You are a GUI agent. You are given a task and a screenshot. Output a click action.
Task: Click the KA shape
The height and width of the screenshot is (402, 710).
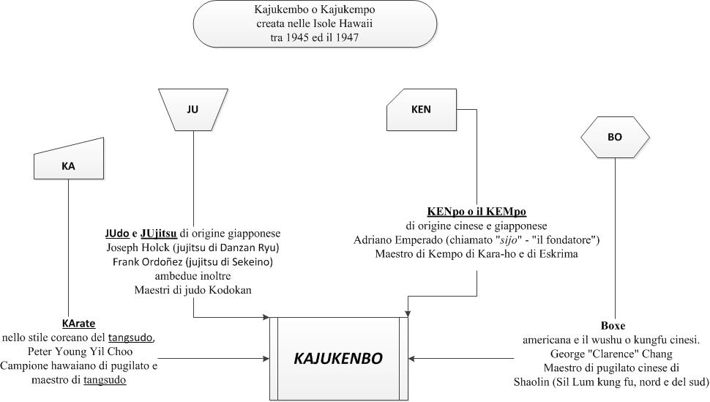point(69,161)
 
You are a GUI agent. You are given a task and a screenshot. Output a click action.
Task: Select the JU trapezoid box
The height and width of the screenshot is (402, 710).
point(193,110)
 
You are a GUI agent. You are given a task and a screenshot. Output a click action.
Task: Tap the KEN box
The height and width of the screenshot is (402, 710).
point(422,110)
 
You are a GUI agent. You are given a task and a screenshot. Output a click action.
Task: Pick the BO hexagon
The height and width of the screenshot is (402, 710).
point(615,137)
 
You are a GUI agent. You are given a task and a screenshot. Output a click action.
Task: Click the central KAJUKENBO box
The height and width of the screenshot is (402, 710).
point(339,359)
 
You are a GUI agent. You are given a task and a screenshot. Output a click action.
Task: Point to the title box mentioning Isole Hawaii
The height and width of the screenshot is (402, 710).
point(315,23)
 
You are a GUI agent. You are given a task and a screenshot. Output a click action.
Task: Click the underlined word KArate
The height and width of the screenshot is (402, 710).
point(79,324)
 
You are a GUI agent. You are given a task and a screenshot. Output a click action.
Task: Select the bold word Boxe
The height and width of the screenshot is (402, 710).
point(613,326)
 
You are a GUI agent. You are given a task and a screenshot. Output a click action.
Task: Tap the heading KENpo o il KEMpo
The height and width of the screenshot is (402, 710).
point(477,212)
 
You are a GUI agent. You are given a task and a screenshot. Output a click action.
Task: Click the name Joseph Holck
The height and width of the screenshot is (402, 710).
point(132,248)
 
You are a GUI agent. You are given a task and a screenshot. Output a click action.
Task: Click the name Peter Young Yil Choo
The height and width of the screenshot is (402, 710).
point(80,351)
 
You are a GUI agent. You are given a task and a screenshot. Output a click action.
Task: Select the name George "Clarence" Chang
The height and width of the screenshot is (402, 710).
point(611,354)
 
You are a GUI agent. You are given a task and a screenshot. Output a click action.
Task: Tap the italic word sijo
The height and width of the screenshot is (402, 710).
point(507,239)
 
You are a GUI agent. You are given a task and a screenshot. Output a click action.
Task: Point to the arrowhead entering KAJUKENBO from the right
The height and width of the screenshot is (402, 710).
point(411,359)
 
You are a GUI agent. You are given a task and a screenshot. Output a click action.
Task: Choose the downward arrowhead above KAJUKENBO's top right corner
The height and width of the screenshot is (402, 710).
point(408,313)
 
